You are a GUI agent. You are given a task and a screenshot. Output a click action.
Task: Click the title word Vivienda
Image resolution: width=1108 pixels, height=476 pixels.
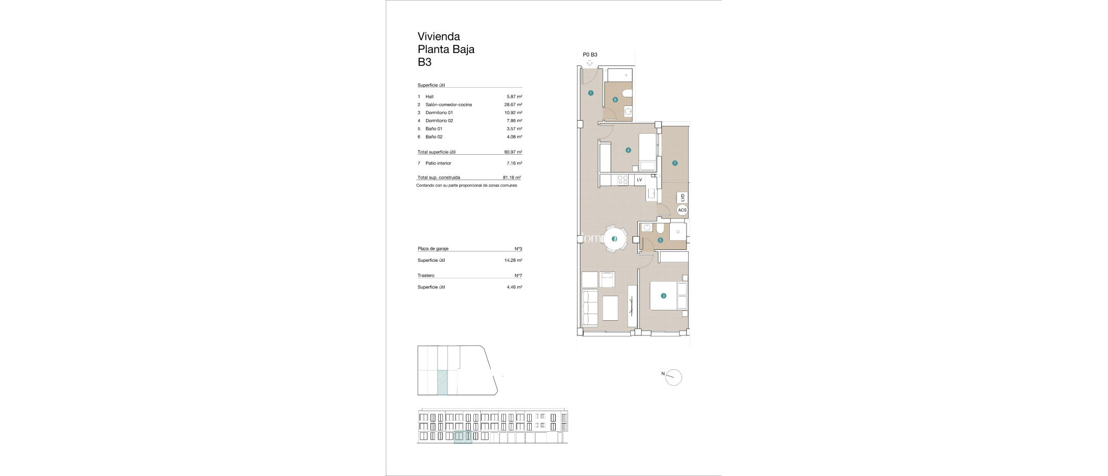[x=438, y=36]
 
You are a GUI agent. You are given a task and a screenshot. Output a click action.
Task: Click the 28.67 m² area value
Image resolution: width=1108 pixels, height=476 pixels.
[x=513, y=104]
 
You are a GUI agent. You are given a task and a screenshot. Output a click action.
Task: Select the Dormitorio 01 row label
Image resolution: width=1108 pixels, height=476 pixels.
[x=439, y=113]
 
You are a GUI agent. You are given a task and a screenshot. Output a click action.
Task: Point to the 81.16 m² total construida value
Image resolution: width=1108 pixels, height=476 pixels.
[x=511, y=177]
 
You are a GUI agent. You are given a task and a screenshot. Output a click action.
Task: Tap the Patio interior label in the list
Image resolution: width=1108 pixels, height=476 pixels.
[x=438, y=163]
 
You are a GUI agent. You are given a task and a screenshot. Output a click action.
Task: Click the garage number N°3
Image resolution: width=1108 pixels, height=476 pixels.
[x=518, y=249]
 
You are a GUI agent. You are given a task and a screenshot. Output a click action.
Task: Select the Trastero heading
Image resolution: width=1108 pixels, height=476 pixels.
[x=426, y=275]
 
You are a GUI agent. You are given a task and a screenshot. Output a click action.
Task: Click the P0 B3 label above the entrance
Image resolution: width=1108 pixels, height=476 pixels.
[x=590, y=55]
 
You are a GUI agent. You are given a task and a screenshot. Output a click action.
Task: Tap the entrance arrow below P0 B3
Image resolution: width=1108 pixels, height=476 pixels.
[x=590, y=63]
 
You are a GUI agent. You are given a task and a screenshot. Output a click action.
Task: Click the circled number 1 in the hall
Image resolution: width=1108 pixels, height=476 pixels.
[x=590, y=93]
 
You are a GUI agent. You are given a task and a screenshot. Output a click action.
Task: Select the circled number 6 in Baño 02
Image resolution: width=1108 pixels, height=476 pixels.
[x=615, y=100]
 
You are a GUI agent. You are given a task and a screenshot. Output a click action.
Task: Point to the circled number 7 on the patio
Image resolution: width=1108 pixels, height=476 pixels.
[x=675, y=163]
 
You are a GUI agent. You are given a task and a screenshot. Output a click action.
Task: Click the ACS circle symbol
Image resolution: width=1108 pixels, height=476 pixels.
[x=682, y=210]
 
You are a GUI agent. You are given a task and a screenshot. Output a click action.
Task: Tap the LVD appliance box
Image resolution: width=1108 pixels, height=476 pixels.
[x=683, y=197]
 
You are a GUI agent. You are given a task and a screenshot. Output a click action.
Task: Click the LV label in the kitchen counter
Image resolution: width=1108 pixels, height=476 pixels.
[x=639, y=180]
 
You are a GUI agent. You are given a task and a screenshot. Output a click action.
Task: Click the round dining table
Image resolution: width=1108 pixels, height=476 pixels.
[x=614, y=239]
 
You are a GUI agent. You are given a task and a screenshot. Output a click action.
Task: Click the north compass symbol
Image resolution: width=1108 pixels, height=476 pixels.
[x=674, y=377]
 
